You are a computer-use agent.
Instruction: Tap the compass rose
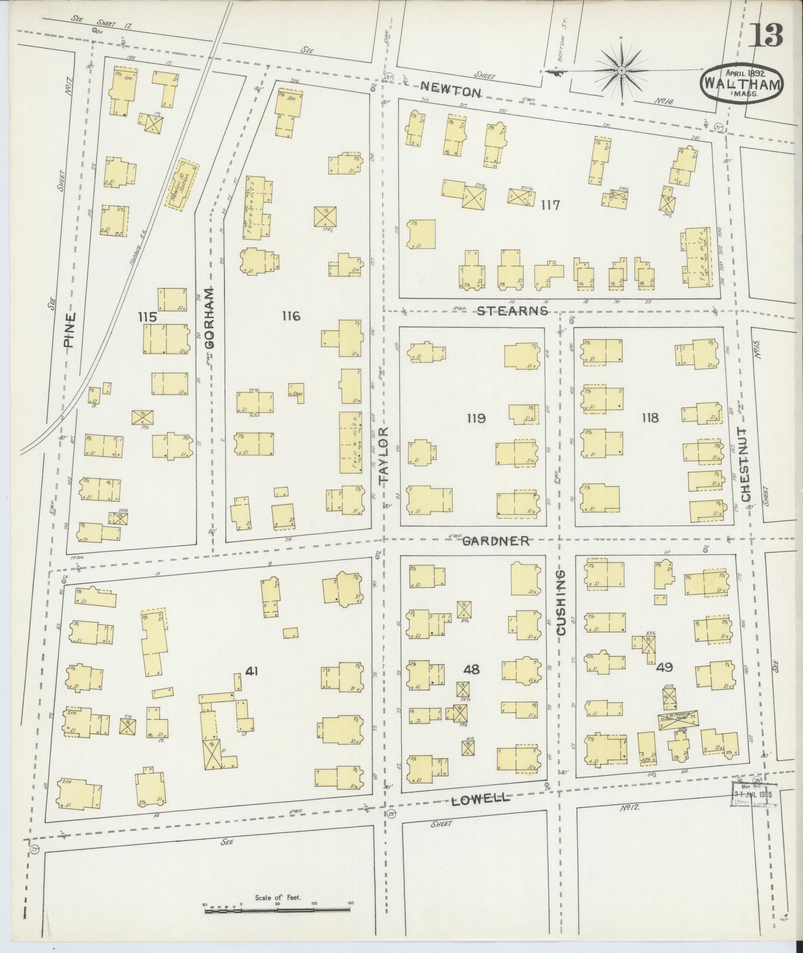click(x=621, y=72)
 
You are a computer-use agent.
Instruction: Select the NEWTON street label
click(x=451, y=92)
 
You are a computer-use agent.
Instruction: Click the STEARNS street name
click(x=512, y=311)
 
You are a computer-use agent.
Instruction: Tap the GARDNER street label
click(x=496, y=541)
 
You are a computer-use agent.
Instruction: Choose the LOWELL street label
click(x=480, y=799)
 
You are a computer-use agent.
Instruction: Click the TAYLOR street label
click(x=383, y=455)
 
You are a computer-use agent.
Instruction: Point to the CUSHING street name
click(x=562, y=603)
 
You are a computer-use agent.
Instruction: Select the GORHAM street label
click(x=210, y=317)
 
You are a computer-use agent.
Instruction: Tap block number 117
click(x=551, y=205)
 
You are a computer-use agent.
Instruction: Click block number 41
click(x=251, y=672)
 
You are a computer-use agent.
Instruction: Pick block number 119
click(x=476, y=418)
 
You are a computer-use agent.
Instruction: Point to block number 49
click(x=665, y=667)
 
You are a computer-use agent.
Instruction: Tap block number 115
click(x=148, y=316)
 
